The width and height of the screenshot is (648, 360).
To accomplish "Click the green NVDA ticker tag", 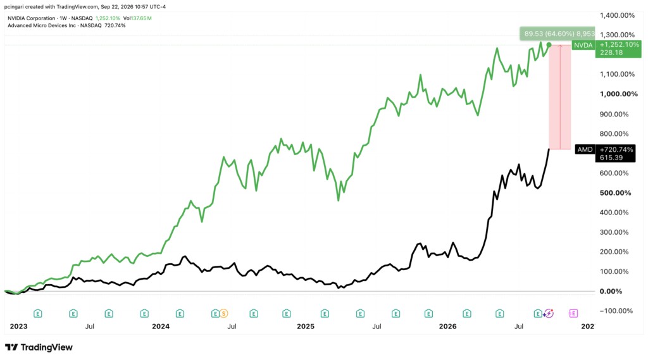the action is coord(583,45).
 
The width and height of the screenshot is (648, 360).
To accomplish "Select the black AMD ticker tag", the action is coord(585,149).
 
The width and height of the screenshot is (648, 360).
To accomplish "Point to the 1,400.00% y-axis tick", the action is coord(617,15).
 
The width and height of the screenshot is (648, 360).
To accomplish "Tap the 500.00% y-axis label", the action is coord(615,193).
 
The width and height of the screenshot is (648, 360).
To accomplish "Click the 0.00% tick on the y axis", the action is coord(611,292).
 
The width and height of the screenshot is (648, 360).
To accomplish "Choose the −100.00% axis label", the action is coord(616,311).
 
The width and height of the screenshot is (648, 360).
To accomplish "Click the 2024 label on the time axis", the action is coord(161,326).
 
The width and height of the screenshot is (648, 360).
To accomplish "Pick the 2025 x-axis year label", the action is coord(306,326).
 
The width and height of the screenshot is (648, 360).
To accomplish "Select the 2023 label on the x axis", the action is coord(18,326).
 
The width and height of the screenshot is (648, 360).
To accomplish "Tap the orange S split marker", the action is coord(223,314).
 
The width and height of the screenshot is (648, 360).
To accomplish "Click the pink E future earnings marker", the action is coord(573,314).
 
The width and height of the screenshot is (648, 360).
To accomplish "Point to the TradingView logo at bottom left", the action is coord(39,347).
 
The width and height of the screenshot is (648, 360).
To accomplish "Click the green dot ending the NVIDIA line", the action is coord(549,45).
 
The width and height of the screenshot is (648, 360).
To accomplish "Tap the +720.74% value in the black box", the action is coord(616,149).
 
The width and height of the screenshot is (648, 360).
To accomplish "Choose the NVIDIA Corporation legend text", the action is coord(32,18).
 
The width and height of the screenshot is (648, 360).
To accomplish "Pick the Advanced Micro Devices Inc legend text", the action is coord(42,26).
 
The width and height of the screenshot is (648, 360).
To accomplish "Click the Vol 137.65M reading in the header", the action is coord(137,18).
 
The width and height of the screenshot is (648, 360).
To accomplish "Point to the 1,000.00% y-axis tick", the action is coord(619,94).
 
